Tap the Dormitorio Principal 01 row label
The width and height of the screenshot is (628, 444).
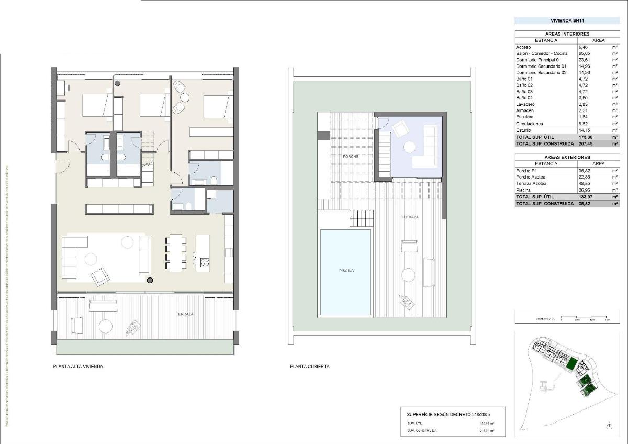539,60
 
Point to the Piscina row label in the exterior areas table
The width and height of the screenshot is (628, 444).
524,190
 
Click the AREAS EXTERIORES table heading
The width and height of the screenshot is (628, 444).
567,157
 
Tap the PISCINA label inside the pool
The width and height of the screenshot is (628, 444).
345,271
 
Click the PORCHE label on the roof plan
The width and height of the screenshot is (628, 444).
351,157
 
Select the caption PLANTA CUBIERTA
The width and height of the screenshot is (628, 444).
310,367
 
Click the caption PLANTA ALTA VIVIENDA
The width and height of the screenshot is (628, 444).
78,367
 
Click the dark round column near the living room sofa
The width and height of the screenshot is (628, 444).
150,281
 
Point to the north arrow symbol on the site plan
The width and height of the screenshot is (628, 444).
609,426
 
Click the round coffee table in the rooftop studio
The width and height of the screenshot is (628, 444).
408,146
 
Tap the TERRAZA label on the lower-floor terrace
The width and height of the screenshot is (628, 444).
185,314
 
